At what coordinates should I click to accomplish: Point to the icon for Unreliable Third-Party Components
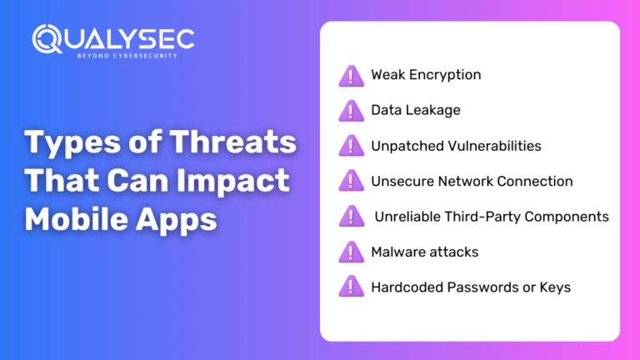[352, 217]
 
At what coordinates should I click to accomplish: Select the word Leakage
[432, 110]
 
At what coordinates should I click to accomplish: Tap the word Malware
[398, 252]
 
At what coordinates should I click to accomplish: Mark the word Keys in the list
[554, 287]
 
